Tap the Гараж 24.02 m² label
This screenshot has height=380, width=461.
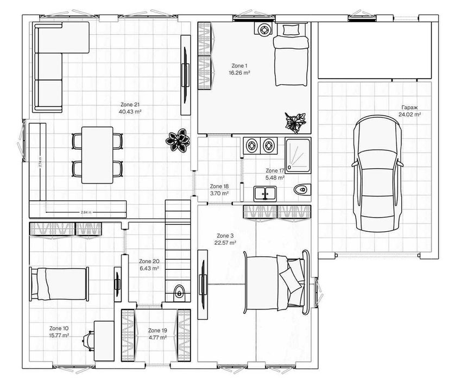point(410,111)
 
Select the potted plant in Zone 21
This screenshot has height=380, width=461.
point(178,141)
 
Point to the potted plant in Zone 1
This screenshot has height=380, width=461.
point(295,122)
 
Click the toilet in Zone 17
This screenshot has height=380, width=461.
point(300,189)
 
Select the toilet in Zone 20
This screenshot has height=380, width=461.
point(179,293)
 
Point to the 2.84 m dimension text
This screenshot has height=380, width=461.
point(85,212)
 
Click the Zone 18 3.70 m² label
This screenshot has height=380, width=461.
point(219,189)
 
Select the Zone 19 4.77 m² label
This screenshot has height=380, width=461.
point(157,333)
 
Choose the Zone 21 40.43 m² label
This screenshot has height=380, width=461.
point(130,108)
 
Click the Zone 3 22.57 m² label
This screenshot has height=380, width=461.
point(225,239)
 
